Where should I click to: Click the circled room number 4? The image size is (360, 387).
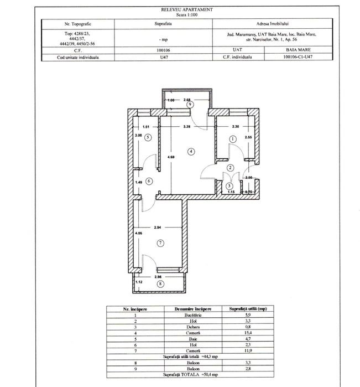pyautogui.click(x=190, y=151)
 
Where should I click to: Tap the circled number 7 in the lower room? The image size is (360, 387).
pyautogui.click(x=160, y=242)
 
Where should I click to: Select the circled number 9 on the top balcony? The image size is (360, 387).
pyautogui.click(x=190, y=104)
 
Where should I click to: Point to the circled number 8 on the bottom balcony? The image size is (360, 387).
pyautogui.click(x=160, y=284)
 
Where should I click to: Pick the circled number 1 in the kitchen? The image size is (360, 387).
pyautogui.click(x=233, y=139)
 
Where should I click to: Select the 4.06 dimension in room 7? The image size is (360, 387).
pyautogui.click(x=138, y=234)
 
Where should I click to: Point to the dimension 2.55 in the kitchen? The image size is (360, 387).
pyautogui.click(x=249, y=137)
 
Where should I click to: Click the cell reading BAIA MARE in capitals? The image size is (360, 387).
pyautogui.click(x=302, y=49)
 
